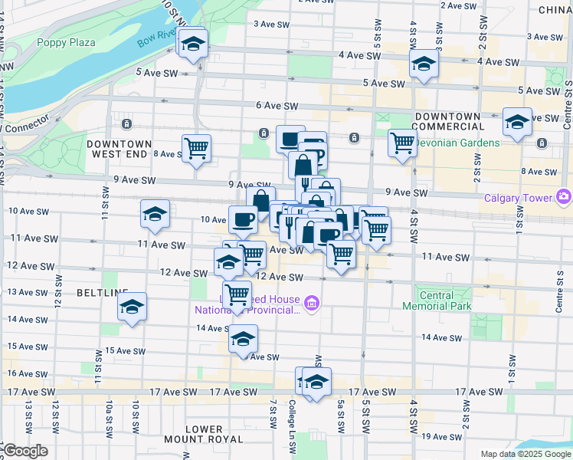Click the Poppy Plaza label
point(66,42)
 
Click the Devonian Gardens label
point(459,143)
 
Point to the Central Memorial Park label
point(437,301)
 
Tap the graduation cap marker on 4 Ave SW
point(423,64)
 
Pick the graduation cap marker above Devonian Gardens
point(517,122)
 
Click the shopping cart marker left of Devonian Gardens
point(402,142)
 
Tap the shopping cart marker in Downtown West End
point(197,147)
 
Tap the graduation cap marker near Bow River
point(194,44)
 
